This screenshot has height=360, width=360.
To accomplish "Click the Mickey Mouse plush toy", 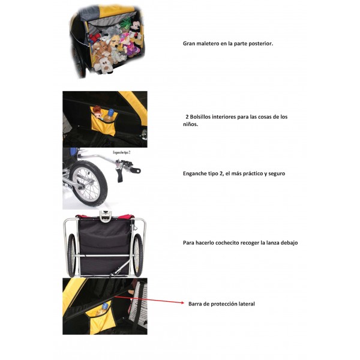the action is point(136,30).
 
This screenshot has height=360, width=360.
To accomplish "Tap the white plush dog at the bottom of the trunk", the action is point(104,65).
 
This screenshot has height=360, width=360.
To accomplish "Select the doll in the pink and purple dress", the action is point(128,45).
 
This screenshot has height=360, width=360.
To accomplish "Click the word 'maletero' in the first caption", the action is point(208,44).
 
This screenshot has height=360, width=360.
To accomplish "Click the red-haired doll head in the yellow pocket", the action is point(97,110).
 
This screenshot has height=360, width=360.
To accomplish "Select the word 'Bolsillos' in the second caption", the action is point(200,117).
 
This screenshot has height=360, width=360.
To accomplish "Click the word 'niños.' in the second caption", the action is point(190,124).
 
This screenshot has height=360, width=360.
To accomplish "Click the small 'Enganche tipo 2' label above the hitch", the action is point(122,152).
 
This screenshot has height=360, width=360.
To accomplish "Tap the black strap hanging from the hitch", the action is point(120,175).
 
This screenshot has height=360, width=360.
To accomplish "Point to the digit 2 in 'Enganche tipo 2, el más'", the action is point(221,173).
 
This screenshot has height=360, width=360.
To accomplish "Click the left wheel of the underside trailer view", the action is point(71,255).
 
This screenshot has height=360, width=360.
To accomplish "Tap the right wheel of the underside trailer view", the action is point(138,255).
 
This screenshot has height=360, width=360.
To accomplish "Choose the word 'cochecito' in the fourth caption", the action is point(227,242).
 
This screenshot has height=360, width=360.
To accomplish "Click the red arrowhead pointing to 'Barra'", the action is point(182,303).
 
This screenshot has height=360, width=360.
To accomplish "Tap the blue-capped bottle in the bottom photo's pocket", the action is point(103,309).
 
